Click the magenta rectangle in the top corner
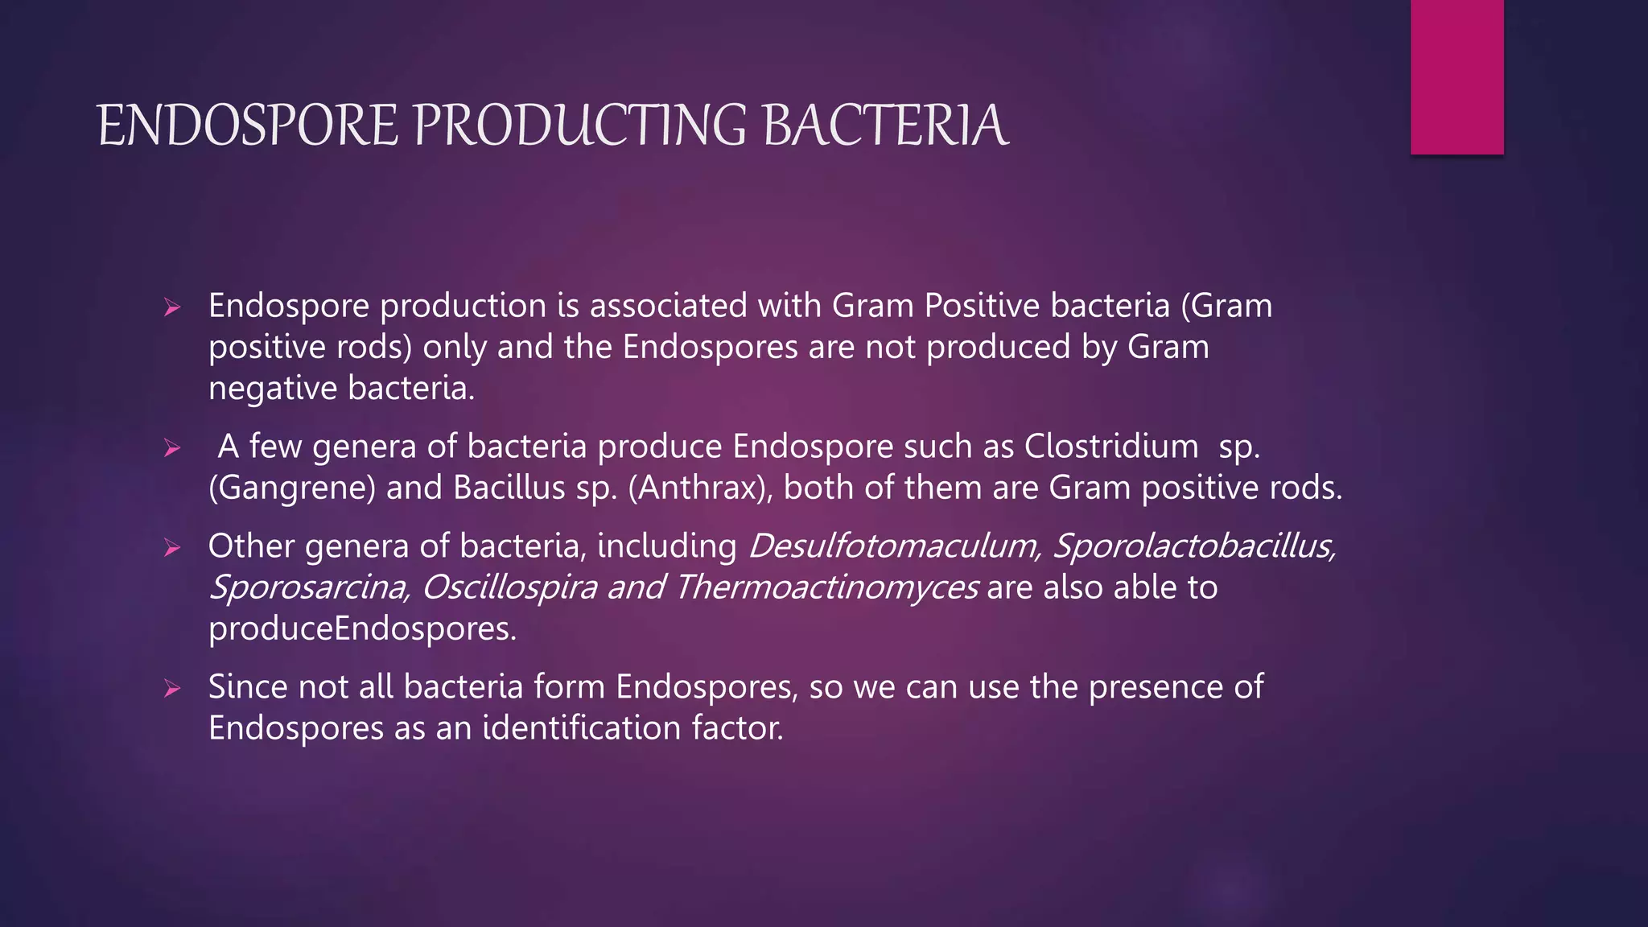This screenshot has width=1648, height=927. click(x=1456, y=76)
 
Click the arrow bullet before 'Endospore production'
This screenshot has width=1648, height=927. click(x=171, y=307)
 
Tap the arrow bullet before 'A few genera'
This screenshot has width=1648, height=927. click(x=171, y=448)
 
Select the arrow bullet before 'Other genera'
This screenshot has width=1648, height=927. click(x=171, y=548)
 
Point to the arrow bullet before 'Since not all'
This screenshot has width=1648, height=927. click(x=171, y=689)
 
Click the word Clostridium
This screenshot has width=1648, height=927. click(x=1110, y=447)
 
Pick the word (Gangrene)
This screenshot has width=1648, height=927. click(x=291, y=488)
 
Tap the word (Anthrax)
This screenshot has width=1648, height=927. click(x=699, y=488)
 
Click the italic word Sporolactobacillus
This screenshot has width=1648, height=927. click(x=1194, y=546)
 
